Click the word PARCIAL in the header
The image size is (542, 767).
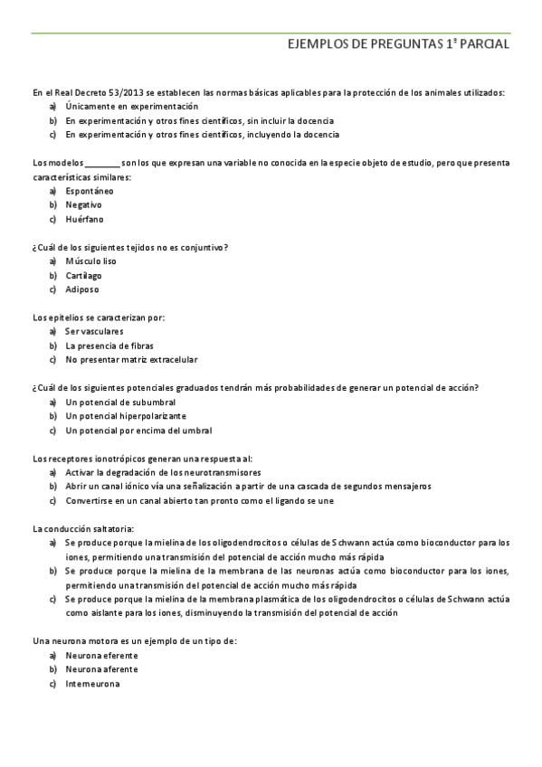coord(483,43)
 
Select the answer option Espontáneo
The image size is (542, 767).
coord(90,191)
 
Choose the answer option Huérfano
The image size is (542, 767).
coord(84,219)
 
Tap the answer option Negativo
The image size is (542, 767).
coord(83,205)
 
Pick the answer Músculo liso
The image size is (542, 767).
coord(90,261)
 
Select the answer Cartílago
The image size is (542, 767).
coord(83,275)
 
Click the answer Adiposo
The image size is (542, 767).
coord(82,289)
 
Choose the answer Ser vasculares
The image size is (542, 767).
coord(94,331)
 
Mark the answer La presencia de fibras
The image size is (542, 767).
coord(109,346)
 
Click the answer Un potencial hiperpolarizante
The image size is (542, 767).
coord(126,416)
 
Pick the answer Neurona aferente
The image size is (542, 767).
coord(101,669)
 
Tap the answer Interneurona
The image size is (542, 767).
coord(92,684)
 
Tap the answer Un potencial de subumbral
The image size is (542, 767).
coord(120,402)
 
